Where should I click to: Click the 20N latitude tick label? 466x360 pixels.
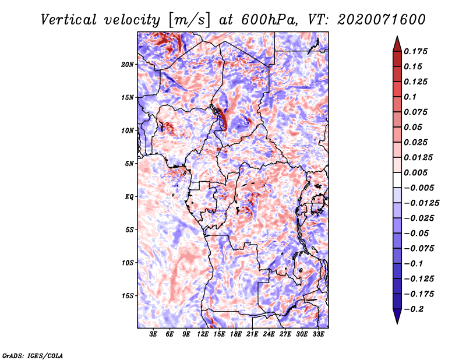(128, 65)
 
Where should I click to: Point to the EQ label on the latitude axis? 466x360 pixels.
(129, 197)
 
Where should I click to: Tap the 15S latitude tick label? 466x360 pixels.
(128, 296)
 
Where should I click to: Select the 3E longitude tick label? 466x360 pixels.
(153, 334)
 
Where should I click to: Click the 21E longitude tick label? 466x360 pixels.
(252, 334)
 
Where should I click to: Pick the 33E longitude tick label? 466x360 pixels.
(318, 334)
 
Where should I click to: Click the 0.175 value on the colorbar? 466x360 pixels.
(415, 51)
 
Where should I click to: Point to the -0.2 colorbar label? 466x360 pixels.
(413, 309)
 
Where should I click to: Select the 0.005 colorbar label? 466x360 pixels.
(415, 172)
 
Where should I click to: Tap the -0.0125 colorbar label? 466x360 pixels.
(421, 203)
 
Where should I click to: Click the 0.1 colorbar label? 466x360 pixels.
(410, 97)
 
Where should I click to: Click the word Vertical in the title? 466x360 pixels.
(69, 20)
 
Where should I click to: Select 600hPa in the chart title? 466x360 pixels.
(269, 20)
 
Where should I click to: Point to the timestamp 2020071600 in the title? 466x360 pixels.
(382, 20)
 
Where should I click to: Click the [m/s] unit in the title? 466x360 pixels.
(189, 20)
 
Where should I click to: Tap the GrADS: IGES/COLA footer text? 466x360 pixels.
(33, 355)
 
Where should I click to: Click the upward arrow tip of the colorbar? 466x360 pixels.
(397, 36)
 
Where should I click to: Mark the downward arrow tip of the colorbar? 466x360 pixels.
(397, 323)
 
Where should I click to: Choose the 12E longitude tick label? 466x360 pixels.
(203, 334)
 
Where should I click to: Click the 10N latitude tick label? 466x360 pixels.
(128, 130)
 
